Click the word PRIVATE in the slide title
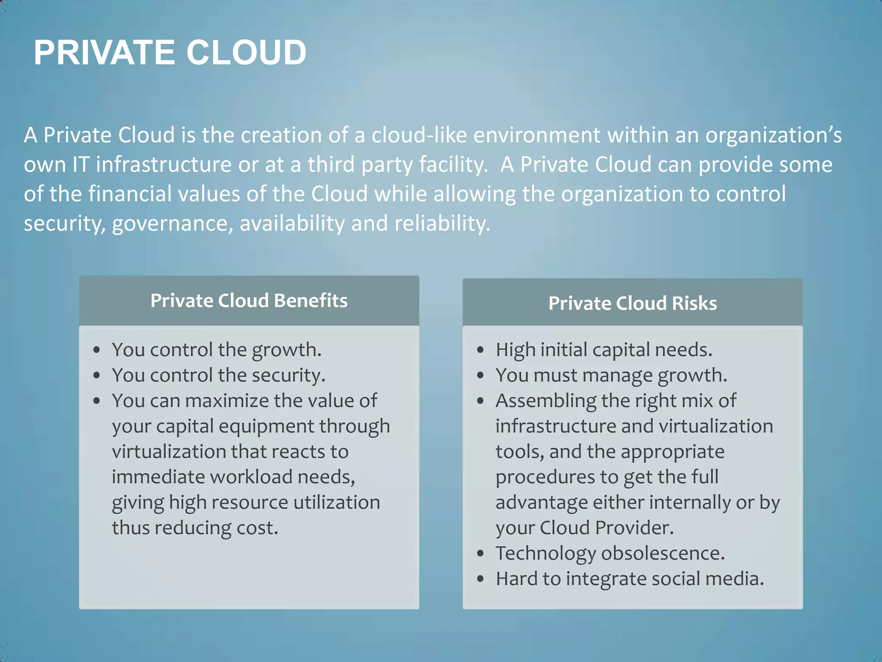104,53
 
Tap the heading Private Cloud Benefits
249,300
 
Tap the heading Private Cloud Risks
633,303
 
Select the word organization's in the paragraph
773,135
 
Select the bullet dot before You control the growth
97,350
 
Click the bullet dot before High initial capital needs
481,350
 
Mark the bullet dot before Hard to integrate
481,579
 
